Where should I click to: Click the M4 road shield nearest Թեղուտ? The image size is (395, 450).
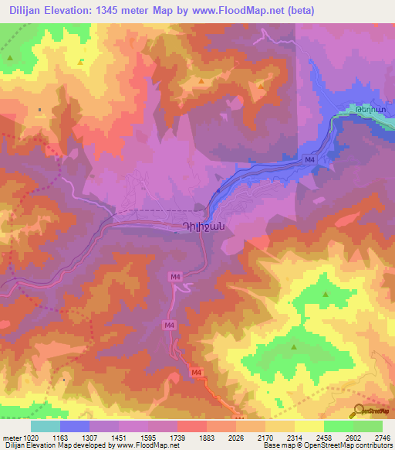coord(309,159)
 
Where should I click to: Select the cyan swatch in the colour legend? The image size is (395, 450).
coord(46,426)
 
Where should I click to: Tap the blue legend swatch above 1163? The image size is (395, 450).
coord(75,426)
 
